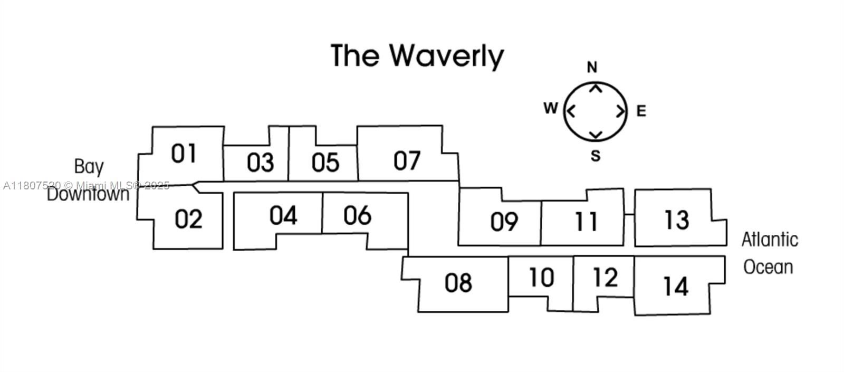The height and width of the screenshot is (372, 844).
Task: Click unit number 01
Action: click(184, 154)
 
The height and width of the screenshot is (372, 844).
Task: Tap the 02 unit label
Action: click(188, 218)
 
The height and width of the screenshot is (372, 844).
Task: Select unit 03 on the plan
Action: click(260, 163)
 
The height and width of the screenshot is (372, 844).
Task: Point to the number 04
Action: click(283, 215)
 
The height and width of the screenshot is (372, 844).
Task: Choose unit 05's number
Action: click(325, 163)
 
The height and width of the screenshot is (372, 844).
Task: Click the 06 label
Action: click(357, 215)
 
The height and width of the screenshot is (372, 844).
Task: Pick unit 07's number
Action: click(407, 161)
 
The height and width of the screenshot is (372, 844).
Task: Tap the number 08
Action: click(458, 283)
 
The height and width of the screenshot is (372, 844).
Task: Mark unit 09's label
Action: click(504, 222)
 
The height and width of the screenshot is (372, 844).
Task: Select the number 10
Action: click(541, 278)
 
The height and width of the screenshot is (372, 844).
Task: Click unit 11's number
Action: click(586, 222)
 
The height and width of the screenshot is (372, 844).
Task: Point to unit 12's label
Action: click(605, 278)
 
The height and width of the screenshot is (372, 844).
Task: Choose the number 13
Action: click(676, 220)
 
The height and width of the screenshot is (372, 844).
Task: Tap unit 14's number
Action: click(675, 287)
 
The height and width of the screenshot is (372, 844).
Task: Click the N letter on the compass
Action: click(592, 68)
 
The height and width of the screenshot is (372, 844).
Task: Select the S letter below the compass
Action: click(595, 156)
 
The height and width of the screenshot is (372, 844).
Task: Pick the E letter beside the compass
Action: click(641, 111)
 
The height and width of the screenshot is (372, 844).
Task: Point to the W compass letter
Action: click(550, 109)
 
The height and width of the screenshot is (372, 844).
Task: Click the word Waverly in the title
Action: click(447, 56)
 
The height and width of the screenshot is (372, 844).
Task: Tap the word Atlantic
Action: click(770, 240)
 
